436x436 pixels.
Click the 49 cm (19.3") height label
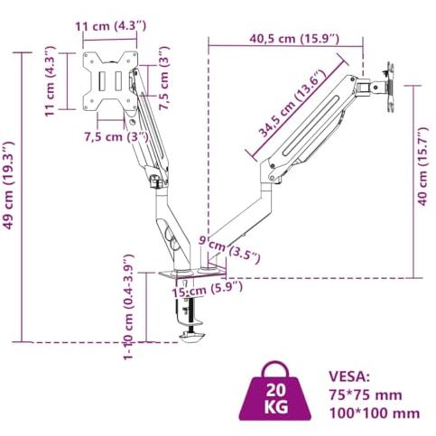[8, 186]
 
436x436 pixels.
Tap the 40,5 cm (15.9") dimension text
[294, 39]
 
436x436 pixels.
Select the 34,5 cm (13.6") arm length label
[292, 103]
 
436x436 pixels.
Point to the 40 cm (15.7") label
[422, 166]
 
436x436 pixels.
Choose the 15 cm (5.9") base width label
[207, 289]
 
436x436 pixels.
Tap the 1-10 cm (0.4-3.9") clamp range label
[128, 307]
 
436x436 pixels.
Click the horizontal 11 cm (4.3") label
[110, 26]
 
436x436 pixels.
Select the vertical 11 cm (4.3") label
[50, 81]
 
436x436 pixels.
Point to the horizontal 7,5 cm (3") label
[116, 137]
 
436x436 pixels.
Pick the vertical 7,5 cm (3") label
[164, 79]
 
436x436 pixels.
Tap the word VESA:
[349, 376]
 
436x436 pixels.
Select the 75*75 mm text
[366, 394]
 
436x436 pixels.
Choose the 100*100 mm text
[375, 413]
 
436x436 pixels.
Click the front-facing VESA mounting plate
[110, 81]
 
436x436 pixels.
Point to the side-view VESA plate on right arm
[391, 88]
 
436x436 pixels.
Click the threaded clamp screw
[190, 315]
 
